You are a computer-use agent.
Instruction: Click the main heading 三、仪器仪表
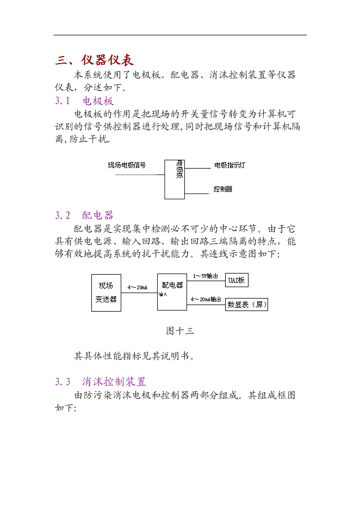click(95, 60)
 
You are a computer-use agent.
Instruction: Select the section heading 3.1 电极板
click(84, 101)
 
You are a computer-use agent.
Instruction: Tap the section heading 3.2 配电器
click(84, 215)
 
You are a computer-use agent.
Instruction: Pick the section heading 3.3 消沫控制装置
click(101, 381)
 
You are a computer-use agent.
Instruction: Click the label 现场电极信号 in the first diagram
click(127, 165)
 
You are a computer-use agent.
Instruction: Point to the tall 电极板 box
click(175, 179)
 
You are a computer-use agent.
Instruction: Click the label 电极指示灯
click(229, 165)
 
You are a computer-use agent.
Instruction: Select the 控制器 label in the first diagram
click(222, 189)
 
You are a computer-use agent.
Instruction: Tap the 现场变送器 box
click(106, 293)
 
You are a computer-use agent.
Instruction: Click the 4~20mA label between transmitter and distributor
click(138, 287)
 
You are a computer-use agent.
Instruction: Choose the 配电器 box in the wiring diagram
click(172, 292)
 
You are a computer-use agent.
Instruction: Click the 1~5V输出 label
click(205, 276)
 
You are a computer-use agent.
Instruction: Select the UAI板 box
click(237, 280)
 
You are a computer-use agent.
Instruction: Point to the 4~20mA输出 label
click(206, 299)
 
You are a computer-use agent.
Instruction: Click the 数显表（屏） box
click(247, 305)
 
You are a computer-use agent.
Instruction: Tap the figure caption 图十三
click(180, 331)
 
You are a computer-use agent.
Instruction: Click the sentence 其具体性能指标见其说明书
click(134, 356)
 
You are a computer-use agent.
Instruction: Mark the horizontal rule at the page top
click(180, 35)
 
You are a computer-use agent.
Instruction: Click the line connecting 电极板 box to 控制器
click(197, 194)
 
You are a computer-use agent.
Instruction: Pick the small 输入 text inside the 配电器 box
click(163, 294)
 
